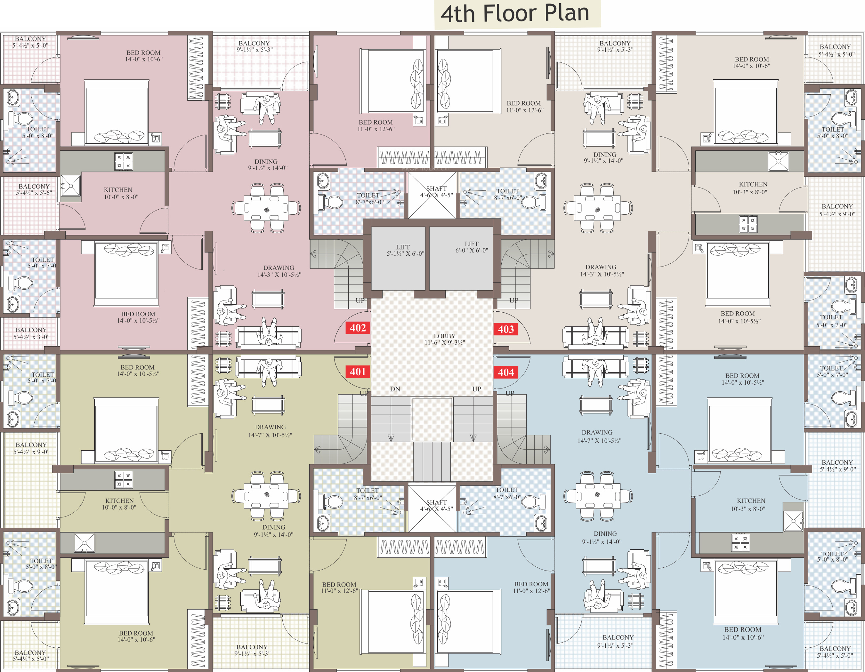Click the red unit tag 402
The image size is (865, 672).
pos(358,328)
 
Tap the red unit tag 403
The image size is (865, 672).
pos(506,329)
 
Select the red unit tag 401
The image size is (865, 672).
pos(358,372)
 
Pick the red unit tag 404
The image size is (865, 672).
pos(506,372)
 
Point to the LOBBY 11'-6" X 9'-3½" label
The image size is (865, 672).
pos(445,339)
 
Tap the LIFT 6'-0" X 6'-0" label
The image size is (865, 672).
pos(472,247)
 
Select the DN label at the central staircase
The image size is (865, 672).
pos(395,389)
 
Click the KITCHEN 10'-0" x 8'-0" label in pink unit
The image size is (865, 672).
pos(120,193)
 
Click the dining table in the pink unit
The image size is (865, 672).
pos(266,208)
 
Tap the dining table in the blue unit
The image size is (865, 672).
pos(598,495)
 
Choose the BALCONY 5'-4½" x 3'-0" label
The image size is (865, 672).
pos(31,333)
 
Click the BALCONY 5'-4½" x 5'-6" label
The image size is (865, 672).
pos(34,190)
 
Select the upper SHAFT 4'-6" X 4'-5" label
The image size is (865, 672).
pos(436,192)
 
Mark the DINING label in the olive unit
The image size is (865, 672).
pos(273,531)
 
